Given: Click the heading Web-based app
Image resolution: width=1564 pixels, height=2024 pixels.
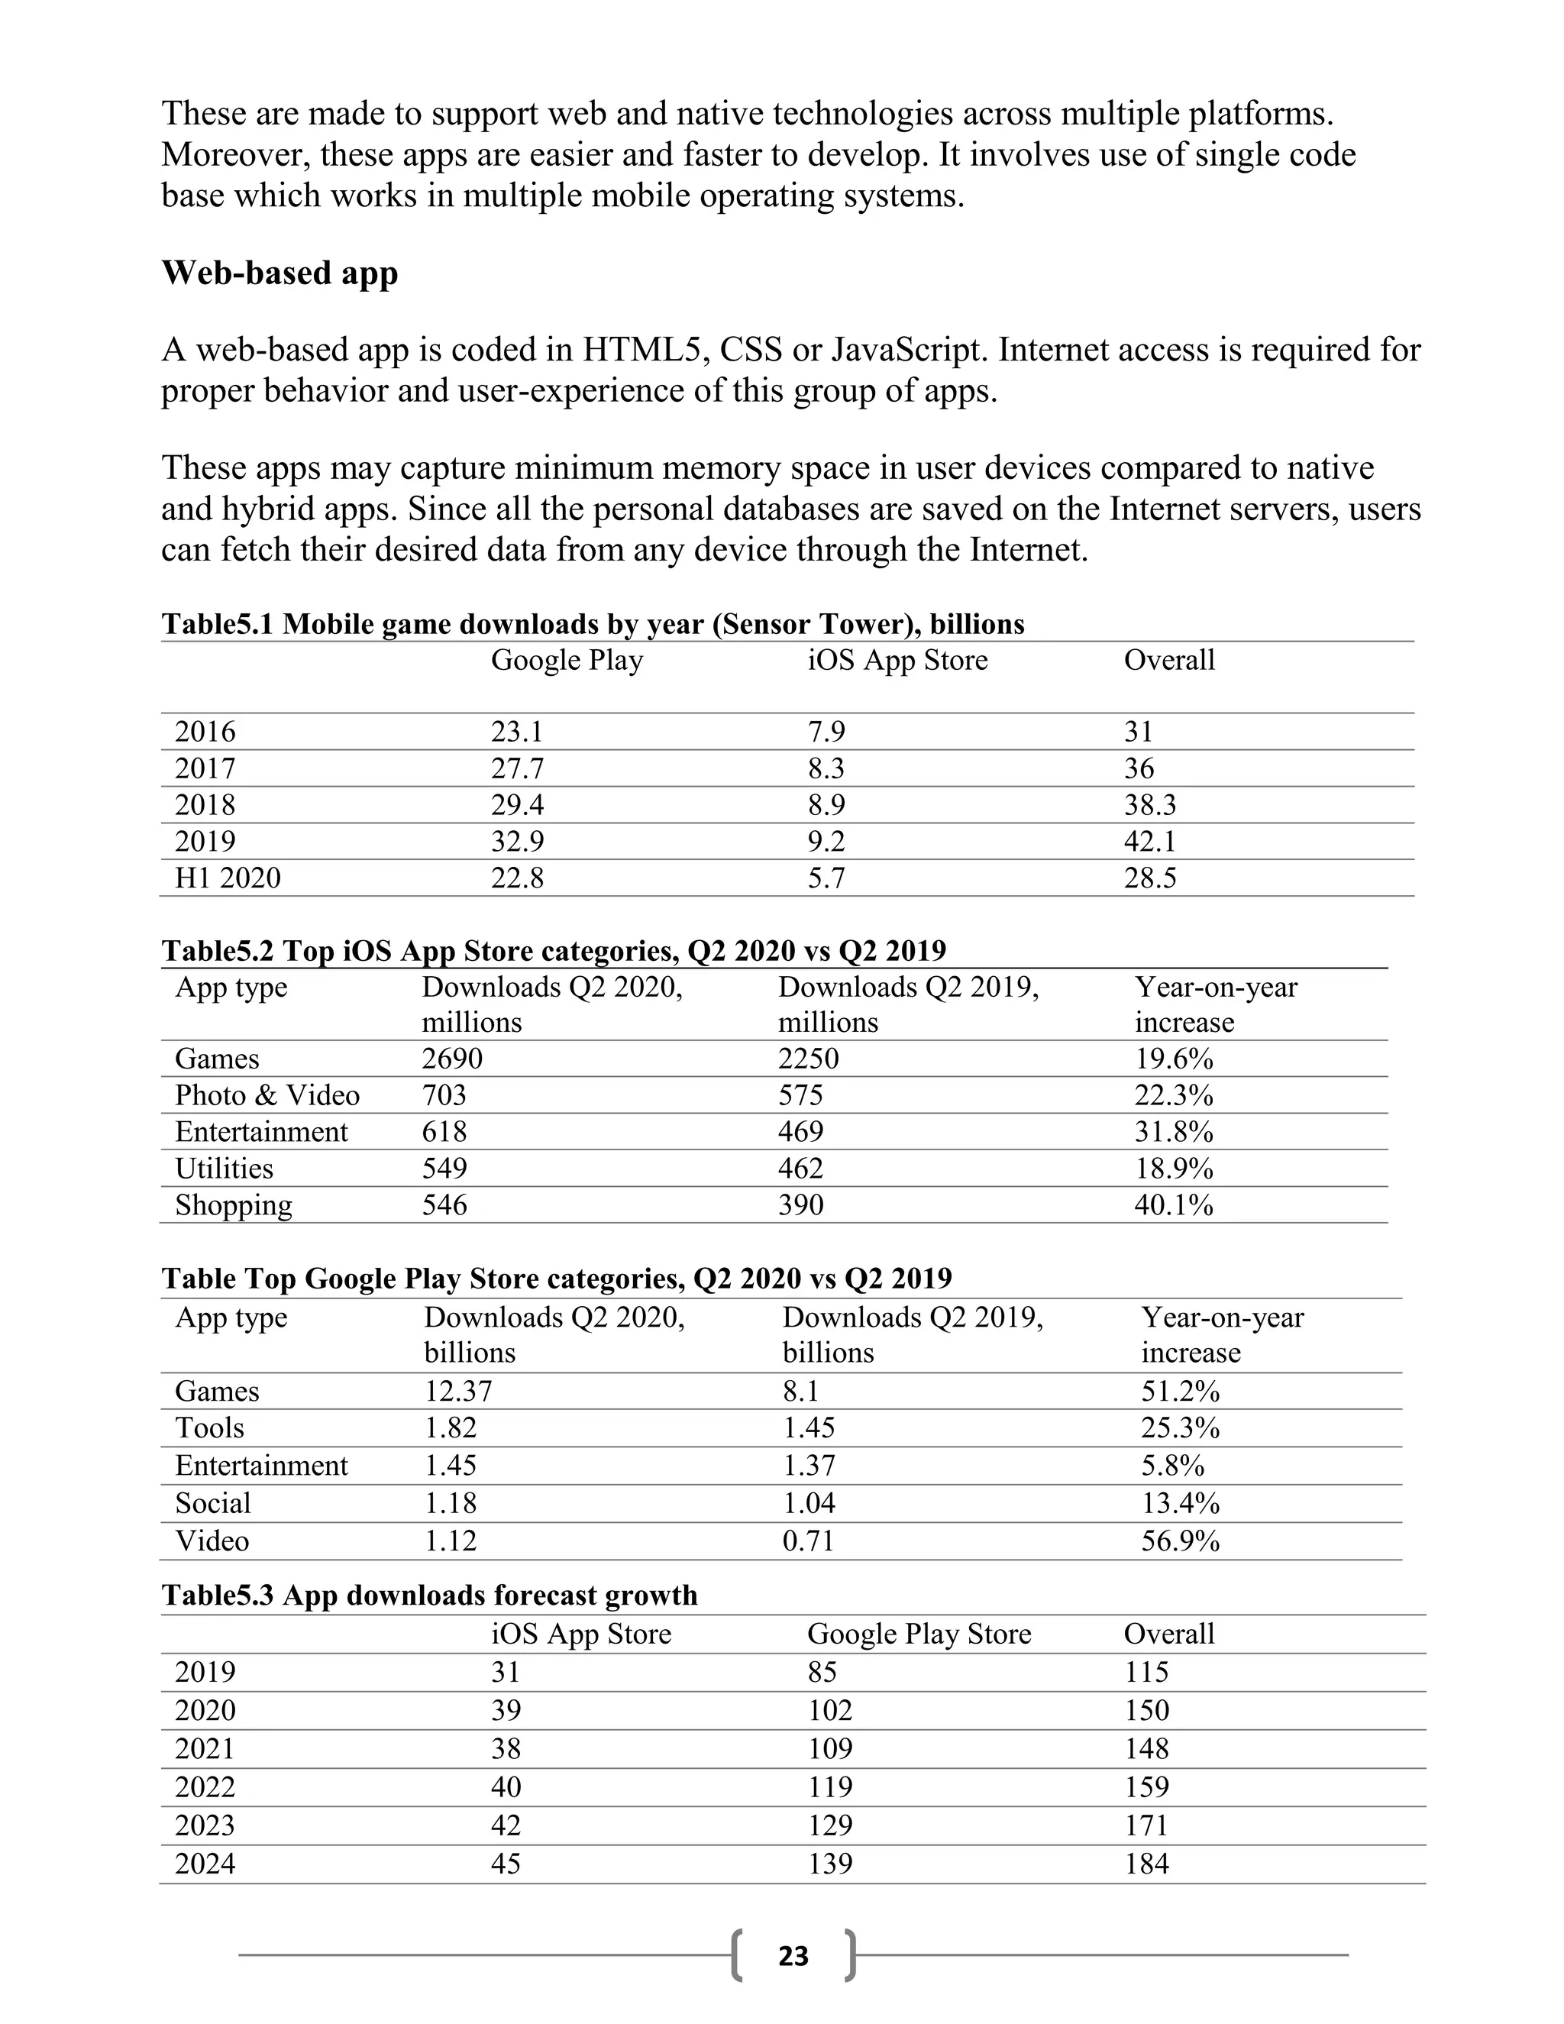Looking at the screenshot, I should [x=280, y=273].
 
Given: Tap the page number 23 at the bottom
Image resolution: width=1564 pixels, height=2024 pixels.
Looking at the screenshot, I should [x=793, y=1955].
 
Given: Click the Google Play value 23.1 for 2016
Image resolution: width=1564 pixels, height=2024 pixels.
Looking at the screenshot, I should [x=517, y=732].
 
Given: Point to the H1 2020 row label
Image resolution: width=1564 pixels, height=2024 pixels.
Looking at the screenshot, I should [x=228, y=878].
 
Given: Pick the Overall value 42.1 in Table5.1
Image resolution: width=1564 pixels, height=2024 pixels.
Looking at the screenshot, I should [x=1150, y=842].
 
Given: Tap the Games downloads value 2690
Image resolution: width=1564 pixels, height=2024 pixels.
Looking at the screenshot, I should [x=452, y=1059].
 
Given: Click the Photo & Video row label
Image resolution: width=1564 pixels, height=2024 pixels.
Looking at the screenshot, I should [x=267, y=1095].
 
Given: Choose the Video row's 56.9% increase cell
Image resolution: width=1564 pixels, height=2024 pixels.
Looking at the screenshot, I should [x=1179, y=1541].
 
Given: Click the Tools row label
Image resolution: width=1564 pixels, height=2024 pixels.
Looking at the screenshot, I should [x=209, y=1427].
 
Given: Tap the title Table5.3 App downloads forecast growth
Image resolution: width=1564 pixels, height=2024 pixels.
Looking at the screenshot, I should [x=429, y=1595].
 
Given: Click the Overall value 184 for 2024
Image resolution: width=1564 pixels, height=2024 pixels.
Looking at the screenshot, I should [x=1146, y=1864].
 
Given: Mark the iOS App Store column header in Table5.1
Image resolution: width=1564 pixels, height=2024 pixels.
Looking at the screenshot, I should [x=897, y=660].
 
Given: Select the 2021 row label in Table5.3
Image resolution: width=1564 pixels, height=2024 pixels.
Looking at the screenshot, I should [x=205, y=1749].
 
